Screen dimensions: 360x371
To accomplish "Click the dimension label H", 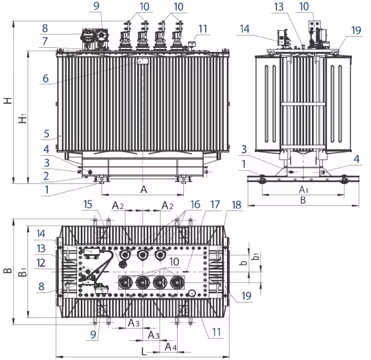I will coord(7,100).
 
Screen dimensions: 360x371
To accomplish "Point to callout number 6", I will coord(46,79).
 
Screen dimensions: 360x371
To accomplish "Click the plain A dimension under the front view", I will coord(143,190).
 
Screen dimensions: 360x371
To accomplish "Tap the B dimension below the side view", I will coord(302,199).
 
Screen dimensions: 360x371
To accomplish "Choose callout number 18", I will coord(236,205).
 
